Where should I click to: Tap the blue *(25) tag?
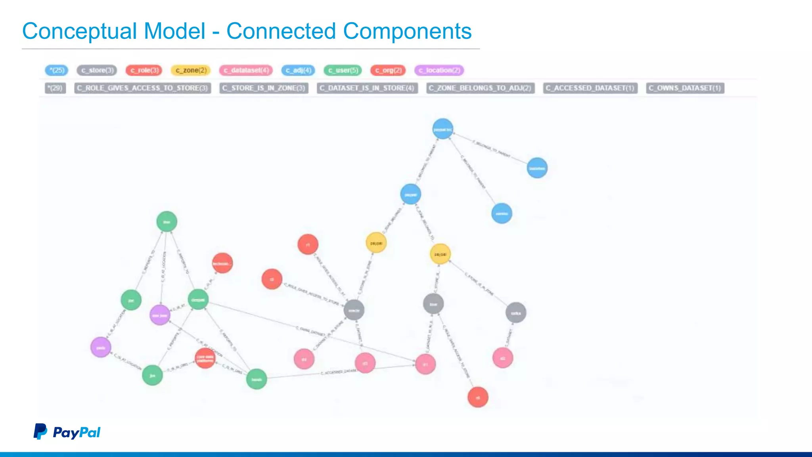click(x=57, y=70)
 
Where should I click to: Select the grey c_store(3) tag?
click(x=97, y=70)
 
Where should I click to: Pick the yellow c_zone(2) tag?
click(x=191, y=70)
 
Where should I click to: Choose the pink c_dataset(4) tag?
click(x=246, y=70)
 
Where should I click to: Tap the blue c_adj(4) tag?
click(x=298, y=70)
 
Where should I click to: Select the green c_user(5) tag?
click(x=343, y=70)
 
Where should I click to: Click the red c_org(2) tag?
click(x=388, y=70)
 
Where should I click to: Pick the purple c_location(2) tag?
click(x=439, y=70)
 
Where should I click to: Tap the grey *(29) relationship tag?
click(x=55, y=88)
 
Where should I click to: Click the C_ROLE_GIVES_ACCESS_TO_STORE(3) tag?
click(x=142, y=88)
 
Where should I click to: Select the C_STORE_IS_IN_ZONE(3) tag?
click(x=264, y=88)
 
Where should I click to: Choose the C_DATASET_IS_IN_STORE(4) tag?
click(x=367, y=88)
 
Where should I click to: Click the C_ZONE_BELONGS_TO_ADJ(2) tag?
click(x=480, y=88)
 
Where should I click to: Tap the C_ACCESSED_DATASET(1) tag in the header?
click(x=590, y=88)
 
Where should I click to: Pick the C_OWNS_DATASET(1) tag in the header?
click(x=685, y=88)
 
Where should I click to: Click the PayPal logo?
click(x=67, y=432)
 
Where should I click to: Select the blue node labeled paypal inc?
click(x=442, y=129)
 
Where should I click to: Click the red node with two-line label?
click(x=205, y=358)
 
